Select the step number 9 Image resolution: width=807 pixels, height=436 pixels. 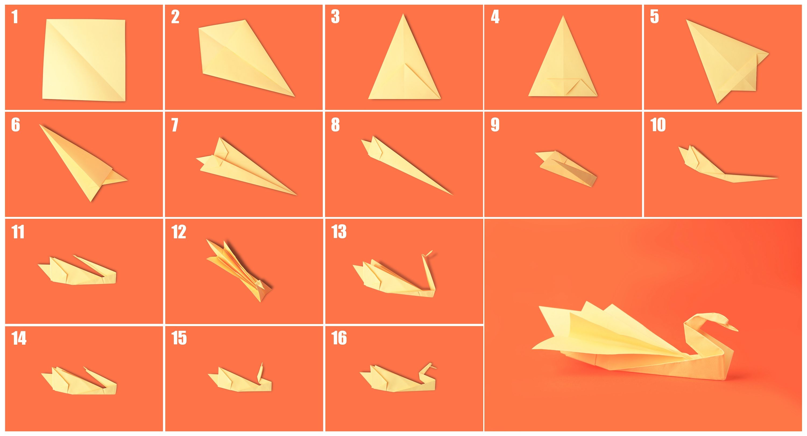pos(495,125)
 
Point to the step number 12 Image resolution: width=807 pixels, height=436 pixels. pos(179,232)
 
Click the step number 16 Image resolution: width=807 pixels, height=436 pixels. pos(339,338)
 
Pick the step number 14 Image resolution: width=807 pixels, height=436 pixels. pos(19,338)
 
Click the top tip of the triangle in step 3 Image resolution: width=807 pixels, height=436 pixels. pos(404,15)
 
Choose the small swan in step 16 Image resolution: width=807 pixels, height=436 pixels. pos(398,380)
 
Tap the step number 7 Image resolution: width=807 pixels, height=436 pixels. pos(175,125)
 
